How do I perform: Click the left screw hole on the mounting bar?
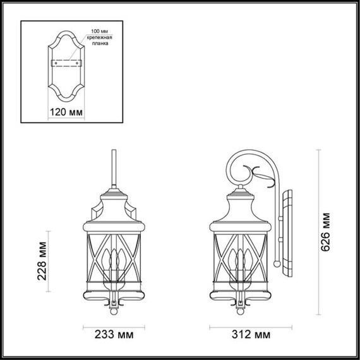pos(55,63)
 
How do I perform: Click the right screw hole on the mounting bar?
pos(78,63)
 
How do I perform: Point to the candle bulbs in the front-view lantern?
pos(113,262)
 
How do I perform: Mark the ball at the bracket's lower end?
pos(276,261)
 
